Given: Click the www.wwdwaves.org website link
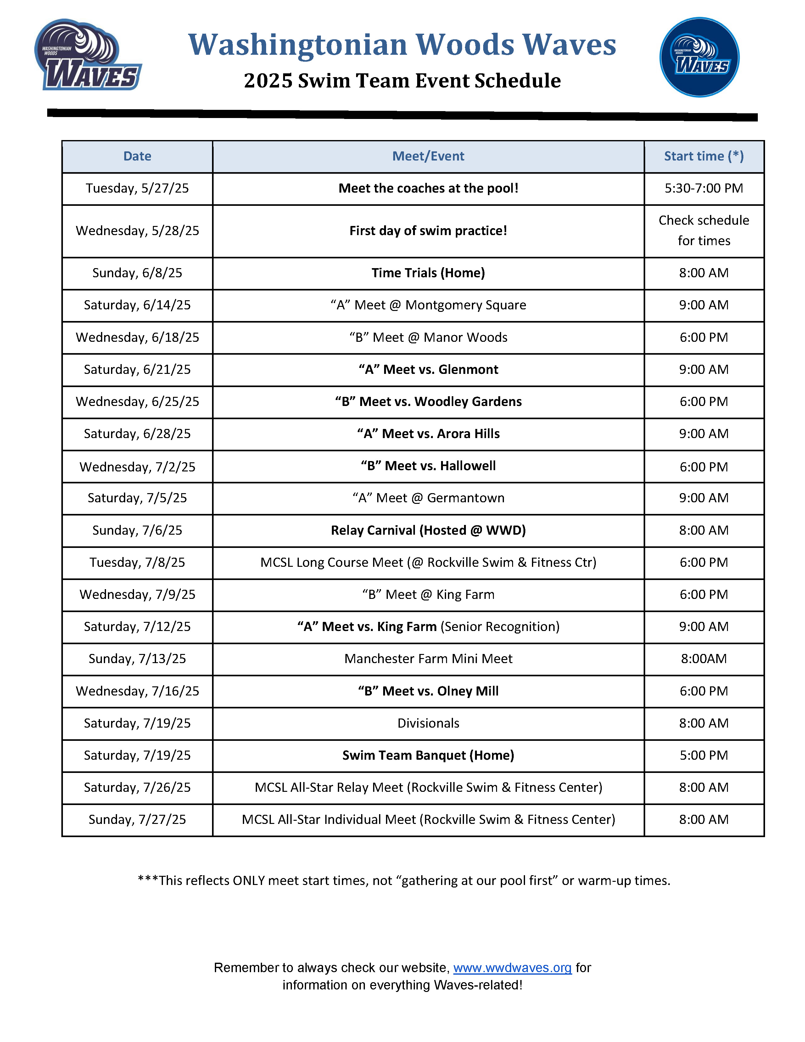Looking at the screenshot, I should pyautogui.click(x=512, y=967).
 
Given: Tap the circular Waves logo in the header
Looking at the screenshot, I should pyautogui.click(x=699, y=57).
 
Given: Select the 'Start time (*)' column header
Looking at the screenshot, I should pyautogui.click(x=703, y=156).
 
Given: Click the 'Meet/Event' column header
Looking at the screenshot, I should pyautogui.click(x=428, y=156).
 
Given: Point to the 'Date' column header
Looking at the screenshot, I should pyautogui.click(x=137, y=156).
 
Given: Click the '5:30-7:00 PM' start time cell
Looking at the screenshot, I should pyautogui.click(x=703, y=189).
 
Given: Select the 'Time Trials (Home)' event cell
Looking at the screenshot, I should pyautogui.click(x=428, y=273).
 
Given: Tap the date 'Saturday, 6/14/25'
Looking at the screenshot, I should pyautogui.click(x=137, y=305).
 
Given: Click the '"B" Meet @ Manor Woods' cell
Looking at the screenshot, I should pyautogui.click(x=428, y=338).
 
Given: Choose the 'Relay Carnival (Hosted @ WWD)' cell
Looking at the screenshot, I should pyautogui.click(x=428, y=531).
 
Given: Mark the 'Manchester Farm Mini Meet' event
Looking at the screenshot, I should pyautogui.click(x=428, y=659).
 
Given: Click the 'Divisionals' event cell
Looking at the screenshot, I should pyautogui.click(x=428, y=723).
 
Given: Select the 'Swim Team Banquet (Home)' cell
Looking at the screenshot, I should pyautogui.click(x=428, y=755).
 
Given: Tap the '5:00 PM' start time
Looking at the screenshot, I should pyautogui.click(x=703, y=755).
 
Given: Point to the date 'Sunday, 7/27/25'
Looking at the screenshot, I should pyautogui.click(x=137, y=820).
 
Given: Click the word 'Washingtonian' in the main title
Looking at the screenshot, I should pyautogui.click(x=298, y=45).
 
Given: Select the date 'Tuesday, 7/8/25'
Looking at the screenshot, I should pyautogui.click(x=137, y=562).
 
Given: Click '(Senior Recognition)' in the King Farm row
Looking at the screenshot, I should pyautogui.click(x=500, y=627).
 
